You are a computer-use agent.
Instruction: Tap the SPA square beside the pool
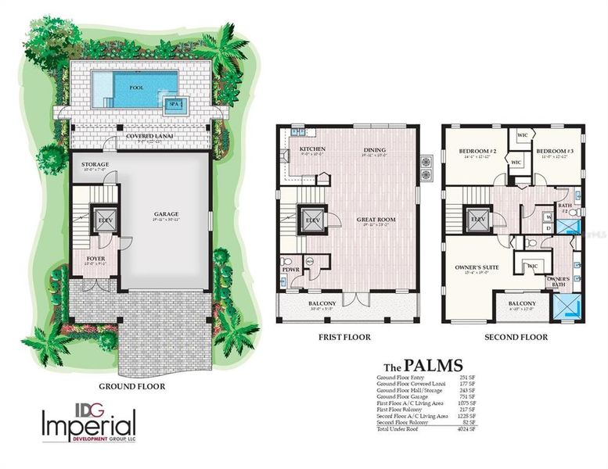point(176,104)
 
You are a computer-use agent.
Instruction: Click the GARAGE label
point(166,214)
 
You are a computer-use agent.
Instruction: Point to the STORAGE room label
point(95,164)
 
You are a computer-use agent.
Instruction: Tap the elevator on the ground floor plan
point(103,220)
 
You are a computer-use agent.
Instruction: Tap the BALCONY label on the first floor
point(310,303)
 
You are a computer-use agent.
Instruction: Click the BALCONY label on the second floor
point(522,303)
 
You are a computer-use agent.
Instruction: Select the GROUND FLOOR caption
point(131,385)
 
